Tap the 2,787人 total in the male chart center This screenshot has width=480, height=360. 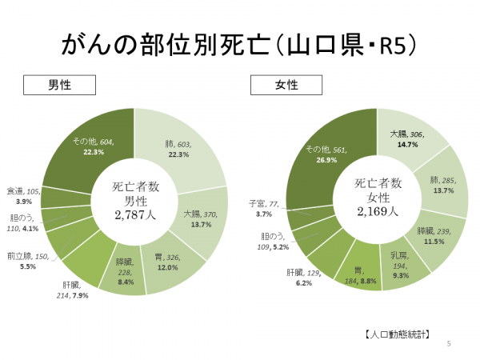click(134, 214)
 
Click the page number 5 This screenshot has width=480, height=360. click(449, 344)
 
